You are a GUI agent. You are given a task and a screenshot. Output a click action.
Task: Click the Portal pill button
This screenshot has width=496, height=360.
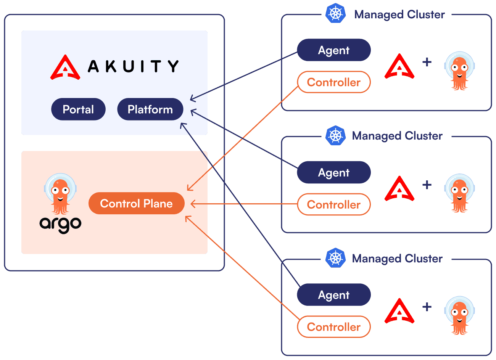pyautogui.click(x=78, y=109)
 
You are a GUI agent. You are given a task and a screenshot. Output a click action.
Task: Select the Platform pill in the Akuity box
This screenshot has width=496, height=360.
pyautogui.click(x=150, y=109)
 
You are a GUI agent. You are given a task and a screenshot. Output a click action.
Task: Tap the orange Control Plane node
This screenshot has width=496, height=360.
pyautogui.click(x=136, y=204)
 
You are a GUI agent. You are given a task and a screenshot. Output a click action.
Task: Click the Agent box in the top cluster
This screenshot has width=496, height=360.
pyautogui.click(x=334, y=50)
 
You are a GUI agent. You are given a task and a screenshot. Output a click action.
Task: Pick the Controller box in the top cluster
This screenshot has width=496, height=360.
pyautogui.click(x=334, y=82)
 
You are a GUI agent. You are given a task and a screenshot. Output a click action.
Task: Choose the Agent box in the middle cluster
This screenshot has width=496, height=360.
pyautogui.click(x=334, y=173)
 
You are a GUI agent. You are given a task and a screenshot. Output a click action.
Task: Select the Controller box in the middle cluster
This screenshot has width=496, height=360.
pyautogui.click(x=334, y=205)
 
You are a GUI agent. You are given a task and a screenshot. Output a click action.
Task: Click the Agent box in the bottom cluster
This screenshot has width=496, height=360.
pyautogui.click(x=334, y=295)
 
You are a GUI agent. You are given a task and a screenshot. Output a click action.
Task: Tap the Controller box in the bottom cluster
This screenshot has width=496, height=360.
pyautogui.click(x=334, y=327)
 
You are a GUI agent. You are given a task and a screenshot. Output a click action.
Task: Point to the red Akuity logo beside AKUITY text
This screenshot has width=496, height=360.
pyautogui.click(x=65, y=67)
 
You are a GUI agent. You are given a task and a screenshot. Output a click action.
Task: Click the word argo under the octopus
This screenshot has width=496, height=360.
pyautogui.click(x=60, y=224)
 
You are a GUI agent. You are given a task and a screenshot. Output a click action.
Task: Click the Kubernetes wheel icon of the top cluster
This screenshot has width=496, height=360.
pyautogui.click(x=335, y=14)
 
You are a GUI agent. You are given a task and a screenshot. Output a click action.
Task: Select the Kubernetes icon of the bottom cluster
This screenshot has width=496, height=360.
pyautogui.click(x=335, y=258)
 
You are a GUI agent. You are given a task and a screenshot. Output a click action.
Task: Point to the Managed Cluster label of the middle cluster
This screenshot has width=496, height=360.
pyautogui.click(x=397, y=136)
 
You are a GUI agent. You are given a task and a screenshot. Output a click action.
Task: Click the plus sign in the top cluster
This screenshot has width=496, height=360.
pyautogui.click(x=427, y=62)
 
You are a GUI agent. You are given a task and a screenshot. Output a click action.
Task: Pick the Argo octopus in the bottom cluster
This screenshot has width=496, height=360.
pyautogui.click(x=459, y=315)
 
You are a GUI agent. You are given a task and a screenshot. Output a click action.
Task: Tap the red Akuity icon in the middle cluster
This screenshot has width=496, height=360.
pyautogui.click(x=399, y=189)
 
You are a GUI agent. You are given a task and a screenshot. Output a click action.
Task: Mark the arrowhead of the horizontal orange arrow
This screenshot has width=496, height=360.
pyautogui.click(x=192, y=204)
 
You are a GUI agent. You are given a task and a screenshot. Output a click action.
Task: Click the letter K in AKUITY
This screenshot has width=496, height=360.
pyautogui.click(x=111, y=66)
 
